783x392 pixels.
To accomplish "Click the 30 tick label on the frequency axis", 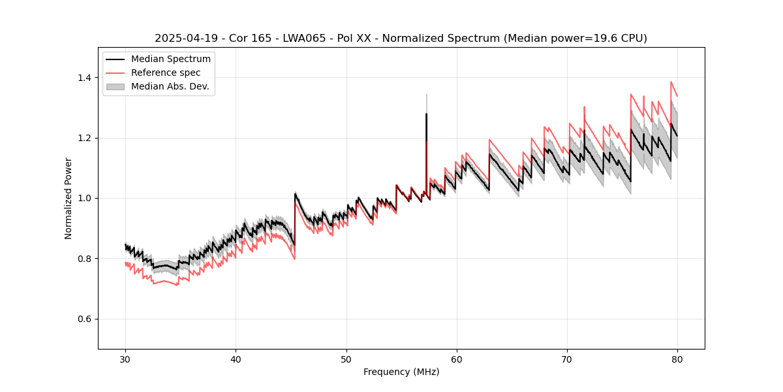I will point(125,359).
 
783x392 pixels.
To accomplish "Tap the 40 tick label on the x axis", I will point(236,359).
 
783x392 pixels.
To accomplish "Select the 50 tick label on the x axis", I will point(346,359).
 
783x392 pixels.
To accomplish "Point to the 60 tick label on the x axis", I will point(457,359).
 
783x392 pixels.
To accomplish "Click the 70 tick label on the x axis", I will point(567,359).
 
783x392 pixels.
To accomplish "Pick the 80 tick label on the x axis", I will point(677,359).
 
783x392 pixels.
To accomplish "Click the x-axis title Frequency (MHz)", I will point(401,372).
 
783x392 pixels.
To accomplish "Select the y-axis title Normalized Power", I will point(68,198).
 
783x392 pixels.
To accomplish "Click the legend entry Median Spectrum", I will point(170,59).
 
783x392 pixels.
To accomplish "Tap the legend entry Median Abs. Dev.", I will point(170,86).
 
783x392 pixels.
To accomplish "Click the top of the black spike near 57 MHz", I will point(426,114).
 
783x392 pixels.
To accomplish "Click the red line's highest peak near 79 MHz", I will point(671,82).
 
